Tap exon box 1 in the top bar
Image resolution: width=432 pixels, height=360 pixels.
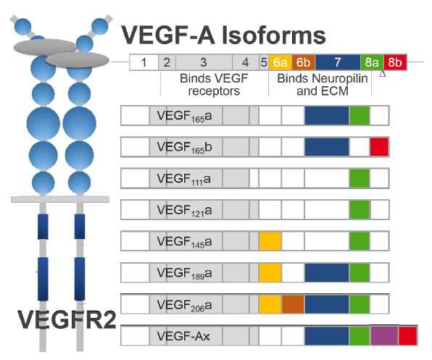[x=144, y=63]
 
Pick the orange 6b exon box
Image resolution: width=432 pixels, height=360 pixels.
[x=304, y=63]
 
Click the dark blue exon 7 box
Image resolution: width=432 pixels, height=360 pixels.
[x=338, y=63]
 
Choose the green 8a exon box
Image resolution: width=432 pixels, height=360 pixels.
[x=372, y=63]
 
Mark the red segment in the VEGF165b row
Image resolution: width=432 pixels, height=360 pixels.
[x=379, y=147]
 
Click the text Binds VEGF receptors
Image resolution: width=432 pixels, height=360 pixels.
[x=209, y=85]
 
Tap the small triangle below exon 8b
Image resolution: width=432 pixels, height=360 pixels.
[x=382, y=73]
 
